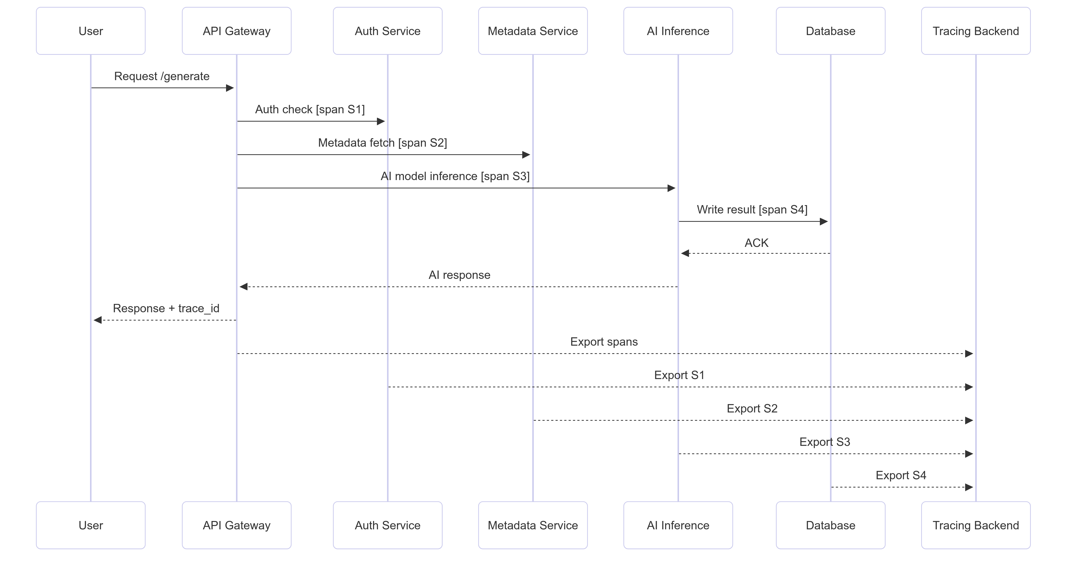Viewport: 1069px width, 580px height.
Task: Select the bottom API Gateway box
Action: tap(237, 525)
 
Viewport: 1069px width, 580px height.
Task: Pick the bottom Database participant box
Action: tap(830, 525)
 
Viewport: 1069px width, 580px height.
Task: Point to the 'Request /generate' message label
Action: tap(162, 76)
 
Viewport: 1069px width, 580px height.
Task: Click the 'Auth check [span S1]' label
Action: tap(310, 110)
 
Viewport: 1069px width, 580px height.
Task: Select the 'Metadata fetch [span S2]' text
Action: tap(382, 143)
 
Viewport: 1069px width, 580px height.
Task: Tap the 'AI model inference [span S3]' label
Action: tap(455, 176)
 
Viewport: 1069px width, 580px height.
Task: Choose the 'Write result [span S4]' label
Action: tap(752, 210)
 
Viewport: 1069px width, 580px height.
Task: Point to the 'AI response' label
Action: tap(459, 275)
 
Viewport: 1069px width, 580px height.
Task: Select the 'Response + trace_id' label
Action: tap(166, 308)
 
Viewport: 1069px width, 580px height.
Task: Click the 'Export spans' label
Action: tap(604, 342)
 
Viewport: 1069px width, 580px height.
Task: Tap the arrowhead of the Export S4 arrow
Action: tap(969, 487)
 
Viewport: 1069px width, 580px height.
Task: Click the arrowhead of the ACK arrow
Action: tap(685, 253)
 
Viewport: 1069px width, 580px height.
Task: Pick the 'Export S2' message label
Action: tap(752, 409)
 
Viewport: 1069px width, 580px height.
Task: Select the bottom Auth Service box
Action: tap(388, 525)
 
